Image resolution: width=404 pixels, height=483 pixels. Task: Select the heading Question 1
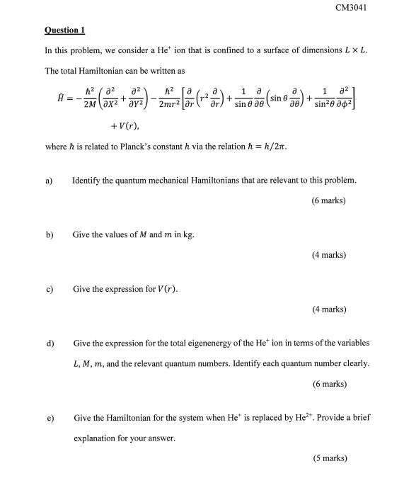(64, 30)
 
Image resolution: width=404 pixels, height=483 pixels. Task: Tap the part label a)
(50, 181)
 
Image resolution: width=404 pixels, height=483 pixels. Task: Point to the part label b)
(50, 234)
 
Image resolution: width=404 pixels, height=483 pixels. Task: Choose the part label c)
(50, 290)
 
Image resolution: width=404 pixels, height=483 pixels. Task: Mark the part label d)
(50, 343)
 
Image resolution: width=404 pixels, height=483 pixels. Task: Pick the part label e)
(50, 418)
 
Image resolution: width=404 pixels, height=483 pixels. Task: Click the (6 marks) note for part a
(328, 200)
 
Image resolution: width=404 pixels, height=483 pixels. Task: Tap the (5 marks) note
(328, 458)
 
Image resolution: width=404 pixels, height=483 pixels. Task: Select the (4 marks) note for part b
(328, 254)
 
